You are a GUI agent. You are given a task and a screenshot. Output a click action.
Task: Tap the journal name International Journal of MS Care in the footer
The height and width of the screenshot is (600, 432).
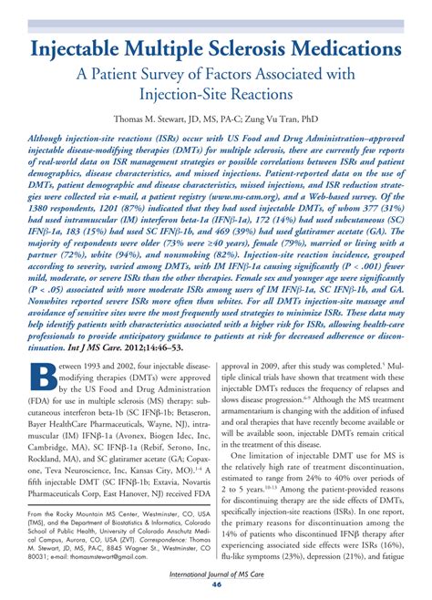216,576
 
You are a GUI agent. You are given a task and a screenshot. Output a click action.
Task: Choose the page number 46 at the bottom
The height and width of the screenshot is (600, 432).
216,589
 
